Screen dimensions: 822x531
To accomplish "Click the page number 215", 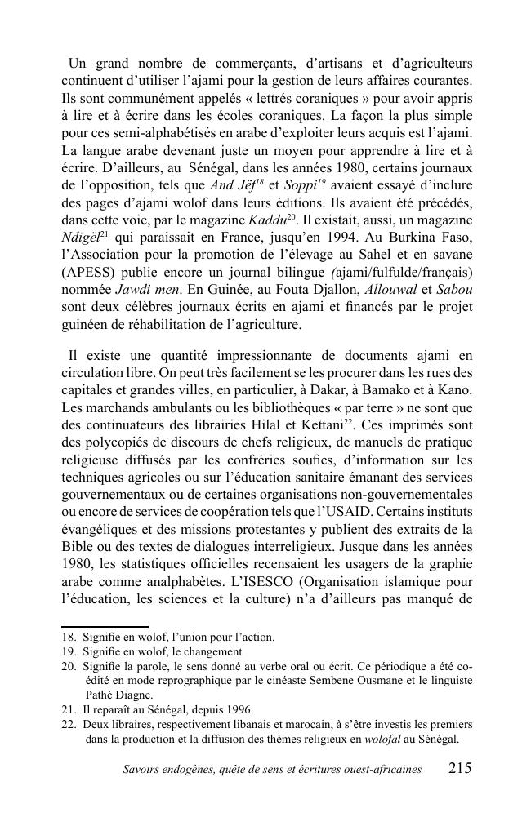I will [x=460, y=768].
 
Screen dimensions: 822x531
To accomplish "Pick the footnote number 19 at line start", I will [x=68, y=651].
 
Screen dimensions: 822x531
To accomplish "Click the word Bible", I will [x=79, y=547].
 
